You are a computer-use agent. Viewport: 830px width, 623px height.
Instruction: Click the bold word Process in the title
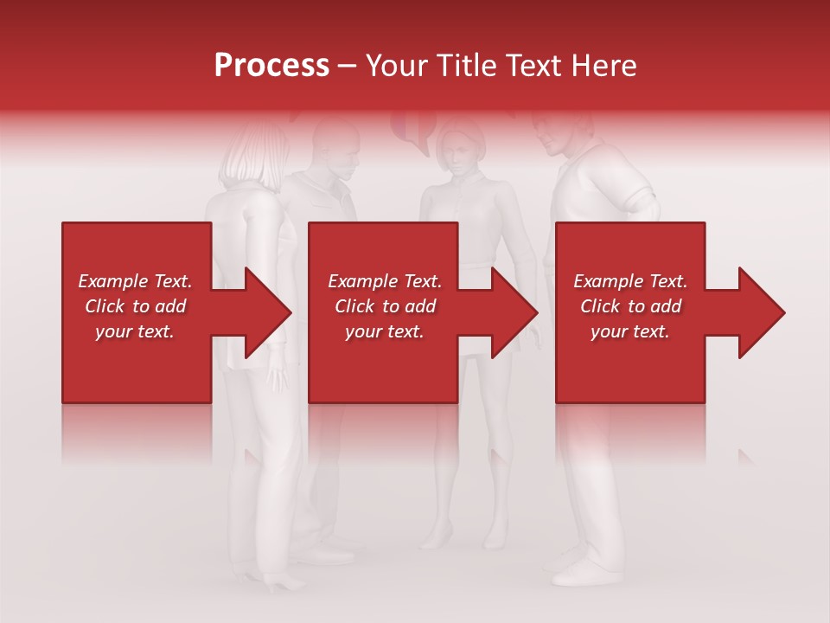[271, 65]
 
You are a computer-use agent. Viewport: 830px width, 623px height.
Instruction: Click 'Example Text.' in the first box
[135, 281]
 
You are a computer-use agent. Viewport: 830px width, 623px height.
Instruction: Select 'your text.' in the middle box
[384, 331]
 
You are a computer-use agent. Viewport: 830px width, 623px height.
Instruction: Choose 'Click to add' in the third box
[630, 306]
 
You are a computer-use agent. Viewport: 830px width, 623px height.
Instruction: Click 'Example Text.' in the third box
[630, 281]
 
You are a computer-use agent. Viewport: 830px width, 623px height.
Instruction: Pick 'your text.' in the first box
[135, 331]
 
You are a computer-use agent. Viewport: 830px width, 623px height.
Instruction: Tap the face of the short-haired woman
[458, 151]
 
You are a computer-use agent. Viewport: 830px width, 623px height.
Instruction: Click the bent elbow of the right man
[644, 203]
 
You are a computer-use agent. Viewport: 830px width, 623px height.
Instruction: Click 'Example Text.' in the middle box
[384, 281]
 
